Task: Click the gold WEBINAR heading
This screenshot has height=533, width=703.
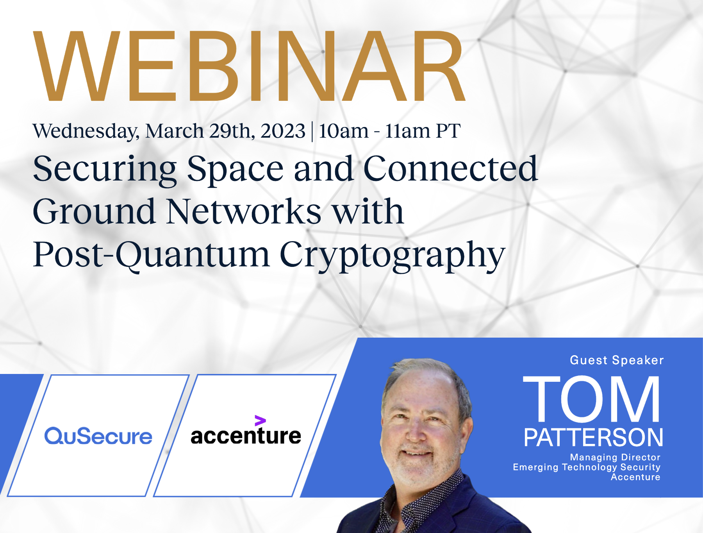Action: click(249, 66)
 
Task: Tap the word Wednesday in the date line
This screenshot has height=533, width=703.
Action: click(86, 131)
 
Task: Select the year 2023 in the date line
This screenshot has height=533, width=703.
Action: click(283, 131)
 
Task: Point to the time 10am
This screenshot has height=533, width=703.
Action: click(343, 131)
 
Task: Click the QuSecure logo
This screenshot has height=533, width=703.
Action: click(98, 436)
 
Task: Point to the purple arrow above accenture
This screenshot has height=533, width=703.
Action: click(260, 420)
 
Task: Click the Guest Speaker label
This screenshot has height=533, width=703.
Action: click(617, 360)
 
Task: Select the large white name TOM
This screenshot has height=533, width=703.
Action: click(591, 399)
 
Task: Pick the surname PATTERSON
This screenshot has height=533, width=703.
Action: click(593, 437)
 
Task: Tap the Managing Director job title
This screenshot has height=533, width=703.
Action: click(615, 457)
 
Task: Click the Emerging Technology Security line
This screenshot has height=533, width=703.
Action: click(587, 467)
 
